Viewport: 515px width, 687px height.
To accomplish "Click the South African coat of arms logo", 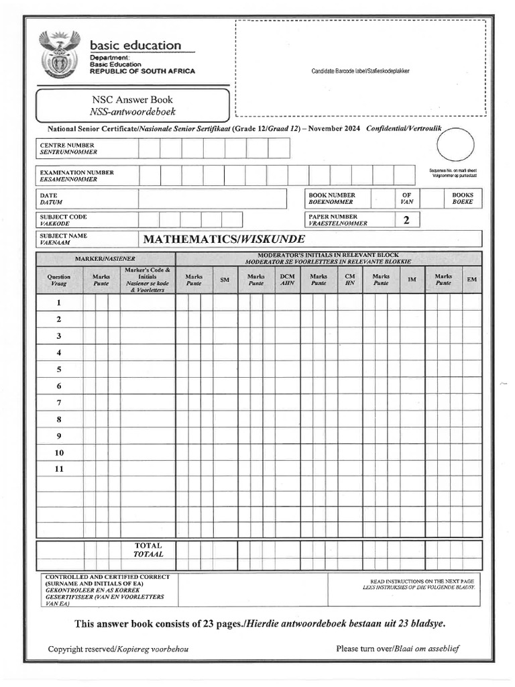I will coord(60,54).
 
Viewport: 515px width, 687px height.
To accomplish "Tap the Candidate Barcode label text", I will coord(360,71).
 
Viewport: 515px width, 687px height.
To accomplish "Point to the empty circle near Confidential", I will coord(455,145).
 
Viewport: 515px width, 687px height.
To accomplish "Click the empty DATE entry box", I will coord(212,199).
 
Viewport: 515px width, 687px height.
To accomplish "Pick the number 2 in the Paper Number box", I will coord(406,220).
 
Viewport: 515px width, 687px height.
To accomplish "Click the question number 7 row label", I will coord(59,403).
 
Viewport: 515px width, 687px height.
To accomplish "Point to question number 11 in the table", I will coord(59,469).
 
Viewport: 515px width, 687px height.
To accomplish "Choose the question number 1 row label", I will coord(59,303).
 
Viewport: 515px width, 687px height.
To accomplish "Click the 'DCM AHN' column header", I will coord(287,280).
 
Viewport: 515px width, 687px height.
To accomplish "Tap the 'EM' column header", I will coord(471,279).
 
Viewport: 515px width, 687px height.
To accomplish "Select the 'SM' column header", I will coord(225,280).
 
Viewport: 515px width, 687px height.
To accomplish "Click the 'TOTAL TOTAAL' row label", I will coord(148,550).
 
